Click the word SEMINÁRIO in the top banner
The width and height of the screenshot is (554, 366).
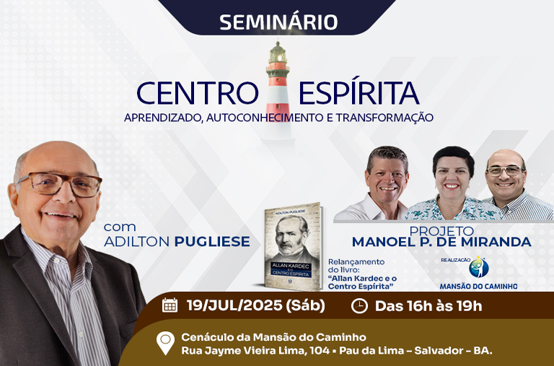(278, 22)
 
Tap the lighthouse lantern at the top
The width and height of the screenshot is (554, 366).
(278, 53)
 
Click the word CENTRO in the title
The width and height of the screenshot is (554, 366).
(198, 93)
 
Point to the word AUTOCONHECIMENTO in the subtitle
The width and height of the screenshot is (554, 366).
(265, 118)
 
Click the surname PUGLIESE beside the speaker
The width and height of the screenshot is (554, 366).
(212, 242)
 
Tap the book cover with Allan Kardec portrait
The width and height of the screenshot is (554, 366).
(293, 246)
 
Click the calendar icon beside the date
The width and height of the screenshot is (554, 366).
(170, 305)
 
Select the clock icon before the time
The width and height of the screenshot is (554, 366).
(359, 306)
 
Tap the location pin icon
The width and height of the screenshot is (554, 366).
(165, 342)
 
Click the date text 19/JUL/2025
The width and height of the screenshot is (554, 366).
(234, 305)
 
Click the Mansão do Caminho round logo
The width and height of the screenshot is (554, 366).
(479, 267)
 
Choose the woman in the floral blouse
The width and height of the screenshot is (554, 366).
(453, 184)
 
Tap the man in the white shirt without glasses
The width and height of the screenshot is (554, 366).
(382, 184)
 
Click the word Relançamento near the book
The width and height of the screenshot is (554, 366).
(356, 261)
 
